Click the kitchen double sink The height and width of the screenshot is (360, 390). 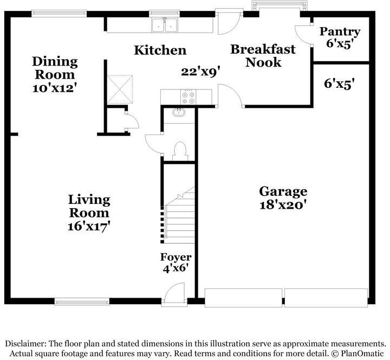click(x=165, y=25)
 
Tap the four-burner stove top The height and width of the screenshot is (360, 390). click(x=188, y=98)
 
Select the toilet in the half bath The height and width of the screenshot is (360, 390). click(x=180, y=151)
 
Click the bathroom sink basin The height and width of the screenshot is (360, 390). click(x=179, y=113)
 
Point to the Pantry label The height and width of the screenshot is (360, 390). click(x=340, y=32)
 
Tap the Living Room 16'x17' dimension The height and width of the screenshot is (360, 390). click(x=89, y=227)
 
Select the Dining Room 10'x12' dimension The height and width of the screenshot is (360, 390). click(x=54, y=88)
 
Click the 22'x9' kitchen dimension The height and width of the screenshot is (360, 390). click(x=200, y=72)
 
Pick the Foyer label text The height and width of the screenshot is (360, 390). click(x=175, y=257)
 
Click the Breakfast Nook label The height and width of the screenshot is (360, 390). click(x=263, y=56)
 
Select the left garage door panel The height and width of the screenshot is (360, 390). click(x=243, y=298)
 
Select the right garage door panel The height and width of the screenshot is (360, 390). click(x=326, y=298)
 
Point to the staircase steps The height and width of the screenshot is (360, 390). click(x=180, y=219)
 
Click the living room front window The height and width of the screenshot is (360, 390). click(x=82, y=302)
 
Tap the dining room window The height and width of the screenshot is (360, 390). click(x=59, y=14)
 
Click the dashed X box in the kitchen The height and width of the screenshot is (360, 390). click(x=120, y=89)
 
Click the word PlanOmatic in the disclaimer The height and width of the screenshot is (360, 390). click(x=362, y=353)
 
